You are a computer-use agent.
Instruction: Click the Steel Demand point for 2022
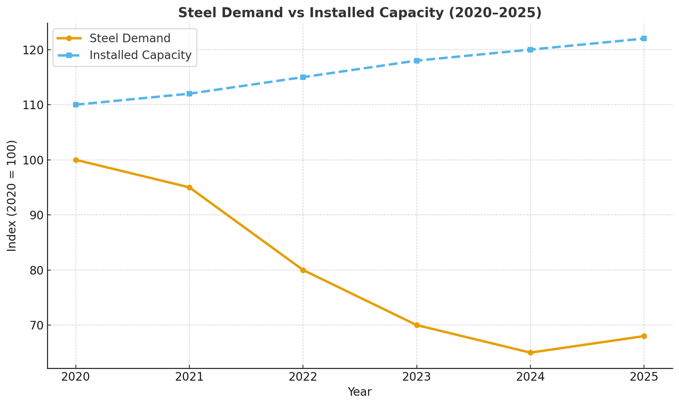tap(303, 270)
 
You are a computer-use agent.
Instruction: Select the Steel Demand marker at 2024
tap(530, 352)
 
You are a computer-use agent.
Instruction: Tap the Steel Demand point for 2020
tap(76, 160)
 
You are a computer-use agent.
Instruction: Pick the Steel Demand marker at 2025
tap(644, 336)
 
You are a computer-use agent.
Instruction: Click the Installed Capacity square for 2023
tap(417, 61)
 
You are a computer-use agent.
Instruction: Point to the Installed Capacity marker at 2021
tap(190, 93)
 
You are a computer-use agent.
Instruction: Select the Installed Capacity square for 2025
tap(644, 39)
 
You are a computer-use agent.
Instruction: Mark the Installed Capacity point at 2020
tap(76, 104)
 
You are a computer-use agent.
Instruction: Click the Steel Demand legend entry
tap(130, 38)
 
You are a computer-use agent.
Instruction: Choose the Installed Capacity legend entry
tap(140, 55)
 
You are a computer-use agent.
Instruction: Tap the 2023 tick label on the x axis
tap(417, 377)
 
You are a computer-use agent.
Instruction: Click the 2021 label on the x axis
tap(190, 377)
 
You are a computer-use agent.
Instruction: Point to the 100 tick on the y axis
tap(33, 160)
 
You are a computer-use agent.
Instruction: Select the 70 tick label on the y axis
tap(36, 325)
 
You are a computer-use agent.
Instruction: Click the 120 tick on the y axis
tap(33, 50)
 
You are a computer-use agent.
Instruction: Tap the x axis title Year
tap(359, 392)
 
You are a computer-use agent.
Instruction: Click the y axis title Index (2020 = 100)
tap(12, 196)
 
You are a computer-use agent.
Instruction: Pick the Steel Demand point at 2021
tap(190, 188)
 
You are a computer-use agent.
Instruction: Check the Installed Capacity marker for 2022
tap(303, 77)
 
